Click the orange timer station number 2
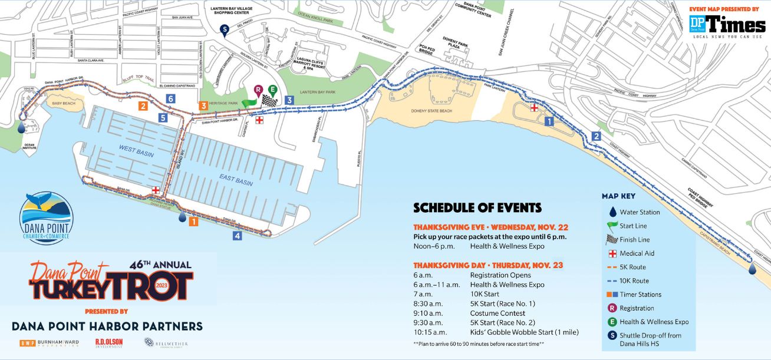[x=143, y=106]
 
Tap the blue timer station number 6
[x=170, y=99]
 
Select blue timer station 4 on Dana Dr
[x=237, y=236]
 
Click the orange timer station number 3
[x=203, y=106]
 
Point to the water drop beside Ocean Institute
[x=21, y=127]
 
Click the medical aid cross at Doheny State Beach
[x=534, y=108]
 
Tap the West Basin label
[x=136, y=150]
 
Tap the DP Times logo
[x=727, y=25]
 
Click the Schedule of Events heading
[x=477, y=207]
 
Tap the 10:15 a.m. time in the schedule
[x=427, y=332]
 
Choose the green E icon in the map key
[x=612, y=322]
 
